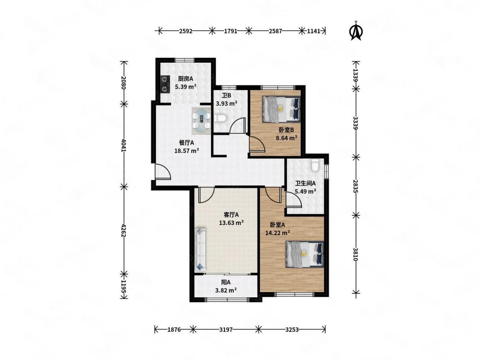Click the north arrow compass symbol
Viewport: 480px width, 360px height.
(356, 31)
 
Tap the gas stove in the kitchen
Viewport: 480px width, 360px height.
(165, 84)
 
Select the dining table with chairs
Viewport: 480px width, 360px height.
(201, 121)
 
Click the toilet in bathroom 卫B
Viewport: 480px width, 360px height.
(220, 118)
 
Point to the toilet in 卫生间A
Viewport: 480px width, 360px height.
(315, 165)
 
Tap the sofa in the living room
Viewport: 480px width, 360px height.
(201, 249)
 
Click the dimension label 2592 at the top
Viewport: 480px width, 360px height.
(186, 31)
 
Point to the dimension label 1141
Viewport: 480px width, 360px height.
(313, 31)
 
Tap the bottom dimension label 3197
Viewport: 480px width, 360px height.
(226, 330)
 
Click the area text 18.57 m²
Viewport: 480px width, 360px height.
(187, 151)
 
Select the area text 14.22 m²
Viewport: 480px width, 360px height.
(278, 233)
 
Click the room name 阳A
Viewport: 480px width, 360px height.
(226, 282)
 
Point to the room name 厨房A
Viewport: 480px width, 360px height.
(186, 78)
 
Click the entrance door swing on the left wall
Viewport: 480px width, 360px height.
(163, 172)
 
